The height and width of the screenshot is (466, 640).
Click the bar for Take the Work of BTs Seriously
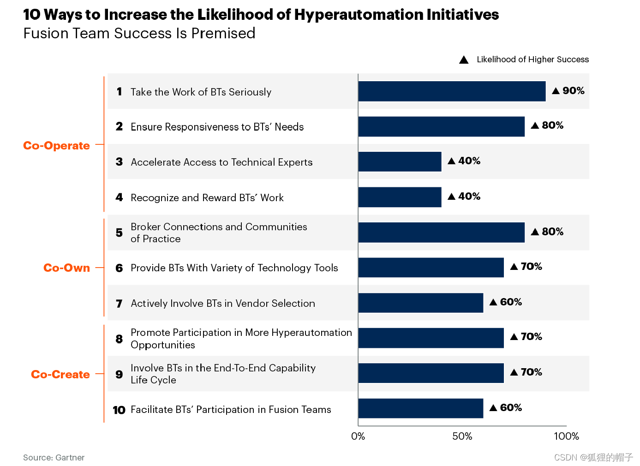[x=451, y=91]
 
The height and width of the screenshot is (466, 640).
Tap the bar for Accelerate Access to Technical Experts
[x=400, y=161]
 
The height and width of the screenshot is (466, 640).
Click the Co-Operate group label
[x=56, y=146]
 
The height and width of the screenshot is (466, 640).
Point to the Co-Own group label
[x=66, y=268]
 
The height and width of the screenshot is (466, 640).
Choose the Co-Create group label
[x=60, y=375]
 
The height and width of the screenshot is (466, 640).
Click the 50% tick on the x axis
[x=462, y=436]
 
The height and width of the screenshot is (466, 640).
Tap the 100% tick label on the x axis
[x=566, y=436]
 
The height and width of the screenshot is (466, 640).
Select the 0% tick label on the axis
[x=358, y=436]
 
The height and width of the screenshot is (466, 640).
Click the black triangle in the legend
[x=464, y=60]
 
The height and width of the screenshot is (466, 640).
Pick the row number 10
[x=119, y=410]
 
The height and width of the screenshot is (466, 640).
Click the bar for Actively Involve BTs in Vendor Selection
[x=420, y=303]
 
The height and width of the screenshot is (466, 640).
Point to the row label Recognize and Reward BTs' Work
[x=207, y=198]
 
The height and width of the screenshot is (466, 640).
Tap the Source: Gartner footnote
[x=54, y=458]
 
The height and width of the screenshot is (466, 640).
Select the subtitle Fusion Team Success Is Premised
[x=139, y=34]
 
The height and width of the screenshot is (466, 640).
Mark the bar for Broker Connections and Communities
[x=441, y=233]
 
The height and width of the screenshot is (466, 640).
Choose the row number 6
[x=119, y=268]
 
